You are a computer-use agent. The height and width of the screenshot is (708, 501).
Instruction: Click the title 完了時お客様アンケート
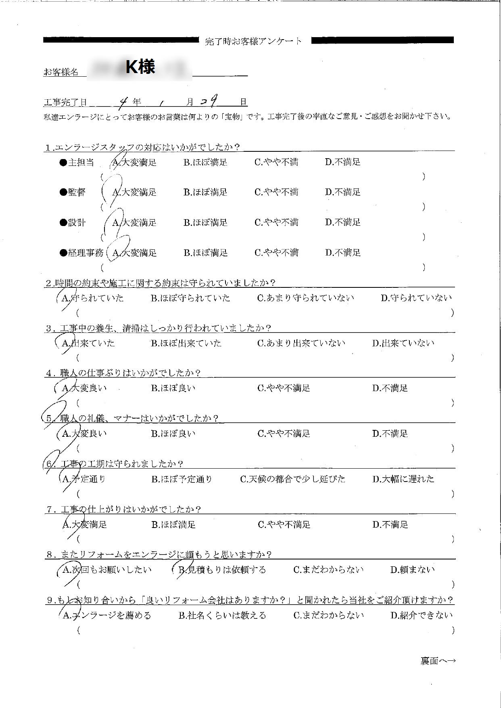253,41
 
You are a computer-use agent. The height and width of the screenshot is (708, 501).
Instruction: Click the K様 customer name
140,67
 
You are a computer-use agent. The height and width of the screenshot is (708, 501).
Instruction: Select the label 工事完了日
65,103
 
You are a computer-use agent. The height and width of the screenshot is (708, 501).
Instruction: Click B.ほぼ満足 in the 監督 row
205,193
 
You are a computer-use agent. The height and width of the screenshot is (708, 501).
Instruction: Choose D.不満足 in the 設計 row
342,222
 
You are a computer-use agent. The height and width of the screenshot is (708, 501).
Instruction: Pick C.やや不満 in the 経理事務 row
276,253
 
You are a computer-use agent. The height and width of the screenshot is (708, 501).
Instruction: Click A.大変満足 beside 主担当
134,163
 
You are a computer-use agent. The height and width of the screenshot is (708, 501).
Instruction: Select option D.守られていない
416,298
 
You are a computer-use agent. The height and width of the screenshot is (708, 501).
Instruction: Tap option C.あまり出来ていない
301,344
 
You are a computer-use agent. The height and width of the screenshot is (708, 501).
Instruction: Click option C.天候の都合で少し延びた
293,479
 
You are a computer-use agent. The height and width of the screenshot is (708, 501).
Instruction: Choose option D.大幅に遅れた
403,479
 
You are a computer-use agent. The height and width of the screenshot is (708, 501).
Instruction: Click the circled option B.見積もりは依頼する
222,570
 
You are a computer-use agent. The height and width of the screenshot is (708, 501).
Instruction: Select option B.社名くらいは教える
222,616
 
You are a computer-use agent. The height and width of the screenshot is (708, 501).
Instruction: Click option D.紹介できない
422,616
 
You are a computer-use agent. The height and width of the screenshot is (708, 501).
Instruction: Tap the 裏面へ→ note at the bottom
438,661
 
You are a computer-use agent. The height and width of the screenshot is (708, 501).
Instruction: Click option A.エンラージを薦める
107,616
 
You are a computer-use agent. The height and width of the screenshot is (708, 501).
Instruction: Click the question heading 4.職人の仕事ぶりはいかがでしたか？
123,373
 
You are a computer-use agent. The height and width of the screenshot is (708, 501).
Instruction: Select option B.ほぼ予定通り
182,479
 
